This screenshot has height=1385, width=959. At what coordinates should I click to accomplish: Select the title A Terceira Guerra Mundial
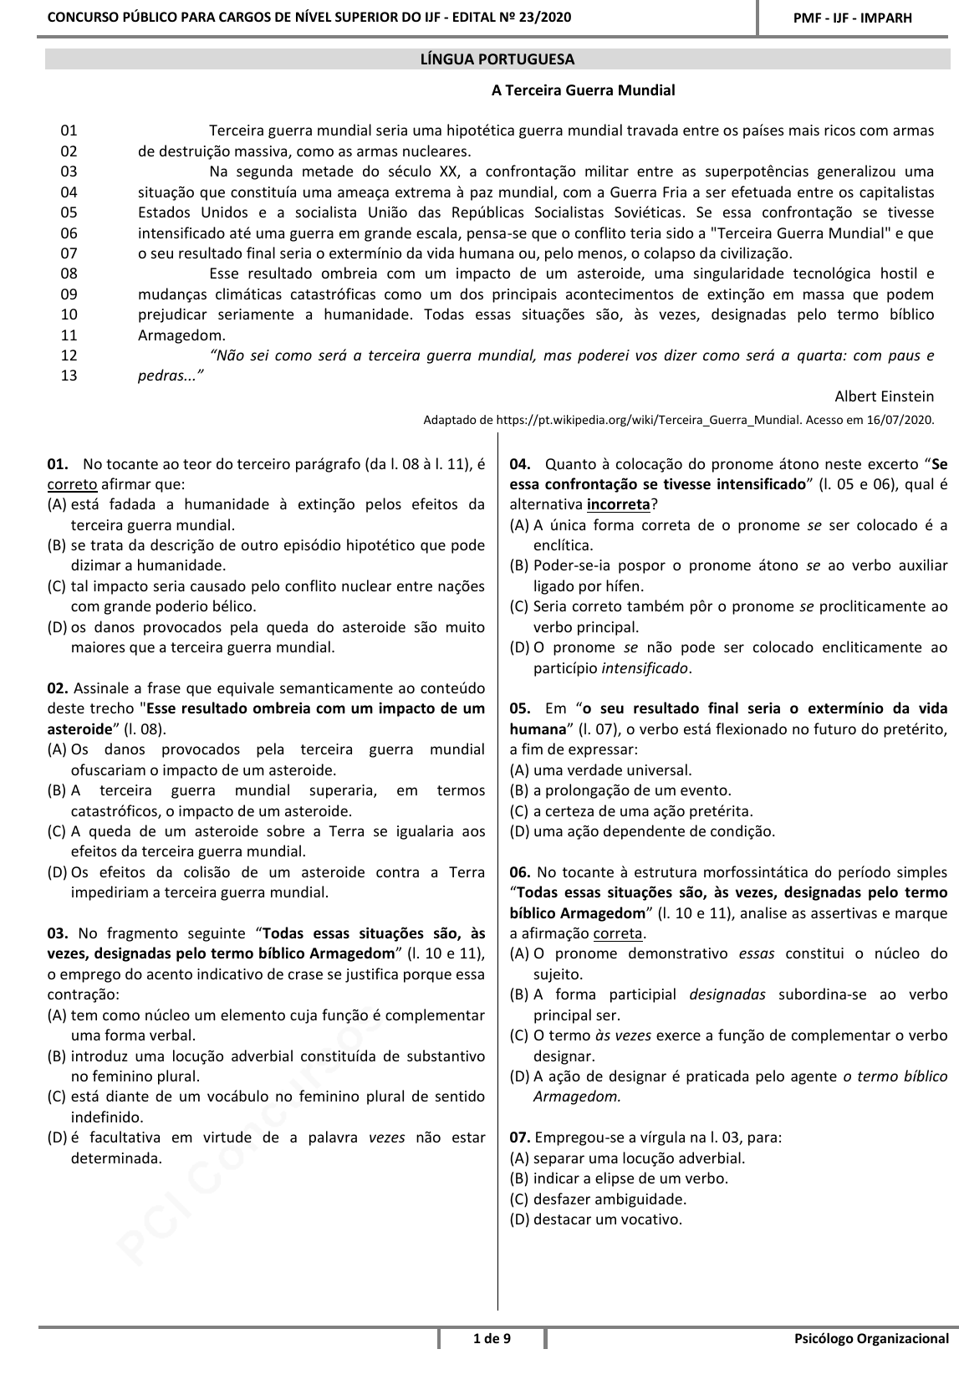click(583, 90)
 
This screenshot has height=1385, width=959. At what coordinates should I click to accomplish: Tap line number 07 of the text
click(69, 253)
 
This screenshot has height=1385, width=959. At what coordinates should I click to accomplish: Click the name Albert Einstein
click(884, 396)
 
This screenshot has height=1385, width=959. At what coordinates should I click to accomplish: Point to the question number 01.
click(57, 463)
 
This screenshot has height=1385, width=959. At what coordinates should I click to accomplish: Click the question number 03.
click(57, 933)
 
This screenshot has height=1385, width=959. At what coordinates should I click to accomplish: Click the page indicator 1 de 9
click(492, 1339)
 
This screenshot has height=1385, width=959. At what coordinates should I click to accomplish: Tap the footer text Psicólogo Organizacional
click(871, 1339)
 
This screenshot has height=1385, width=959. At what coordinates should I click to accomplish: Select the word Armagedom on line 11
click(181, 335)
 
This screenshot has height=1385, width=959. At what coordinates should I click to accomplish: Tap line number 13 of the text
click(69, 376)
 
